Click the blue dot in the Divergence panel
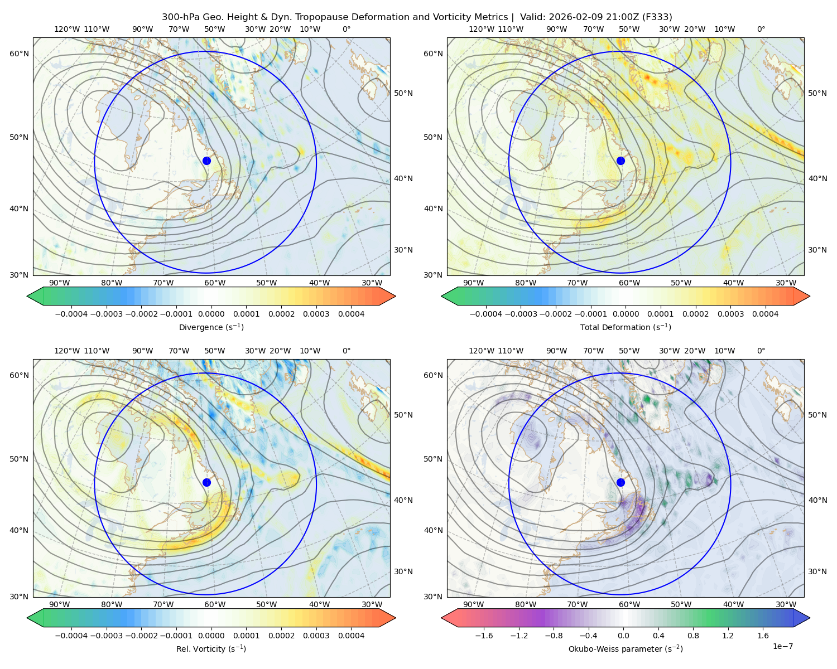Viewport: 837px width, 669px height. (x=206, y=161)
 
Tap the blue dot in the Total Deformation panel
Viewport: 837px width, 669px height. (x=620, y=161)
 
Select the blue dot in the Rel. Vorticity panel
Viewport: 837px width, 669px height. (x=206, y=482)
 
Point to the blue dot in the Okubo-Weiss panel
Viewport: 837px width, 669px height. (x=620, y=482)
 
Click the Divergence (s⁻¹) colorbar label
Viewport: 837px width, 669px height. (x=211, y=327)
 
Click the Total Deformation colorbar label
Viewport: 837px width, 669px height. (x=626, y=327)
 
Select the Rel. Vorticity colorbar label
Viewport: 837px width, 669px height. (x=211, y=648)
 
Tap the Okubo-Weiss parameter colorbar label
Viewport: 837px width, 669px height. (x=626, y=648)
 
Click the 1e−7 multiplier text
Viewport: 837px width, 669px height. (x=782, y=646)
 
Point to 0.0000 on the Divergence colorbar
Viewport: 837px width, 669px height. (x=211, y=314)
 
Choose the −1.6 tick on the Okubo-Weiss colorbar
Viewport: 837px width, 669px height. (x=484, y=636)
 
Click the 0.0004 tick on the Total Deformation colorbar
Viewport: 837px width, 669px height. (x=766, y=314)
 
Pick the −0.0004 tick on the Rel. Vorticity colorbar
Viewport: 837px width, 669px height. (x=71, y=636)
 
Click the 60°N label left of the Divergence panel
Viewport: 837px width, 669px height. (x=19, y=54)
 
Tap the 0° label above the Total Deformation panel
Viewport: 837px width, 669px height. (x=761, y=29)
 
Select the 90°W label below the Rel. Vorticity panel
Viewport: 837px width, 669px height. (x=60, y=604)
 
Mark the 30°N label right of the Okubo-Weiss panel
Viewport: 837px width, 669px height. (x=817, y=571)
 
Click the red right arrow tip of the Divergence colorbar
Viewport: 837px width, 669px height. (x=395, y=296)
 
